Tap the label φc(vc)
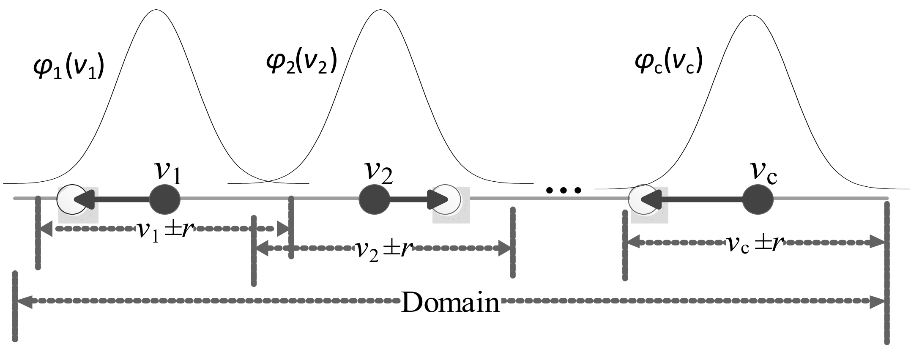(x=669, y=63)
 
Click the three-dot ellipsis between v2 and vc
(x=564, y=190)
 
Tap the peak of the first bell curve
(x=156, y=9)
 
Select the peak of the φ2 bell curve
(x=380, y=9)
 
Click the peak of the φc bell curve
(x=752, y=16)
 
